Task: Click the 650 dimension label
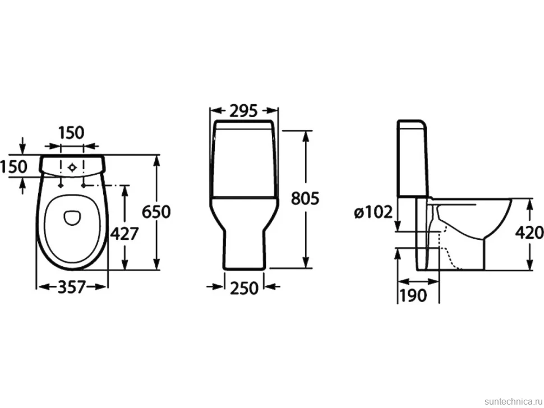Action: tap(156, 212)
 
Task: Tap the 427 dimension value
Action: tap(124, 234)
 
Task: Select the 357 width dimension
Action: tap(71, 287)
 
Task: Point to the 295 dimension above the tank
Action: tap(244, 110)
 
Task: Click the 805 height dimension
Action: tap(305, 198)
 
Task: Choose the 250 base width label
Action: tap(245, 288)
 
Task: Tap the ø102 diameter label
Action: tap(374, 212)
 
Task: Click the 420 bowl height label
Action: tap(529, 233)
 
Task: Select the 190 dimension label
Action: tap(413, 295)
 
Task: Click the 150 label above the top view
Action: tap(71, 133)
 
